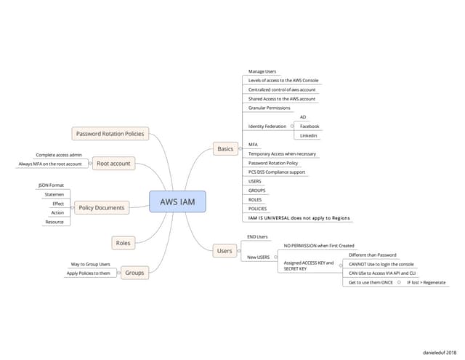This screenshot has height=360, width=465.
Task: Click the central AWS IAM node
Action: click(x=177, y=201)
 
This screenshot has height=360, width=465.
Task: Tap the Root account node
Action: click(x=113, y=164)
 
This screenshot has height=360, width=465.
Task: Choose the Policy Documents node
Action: click(x=101, y=207)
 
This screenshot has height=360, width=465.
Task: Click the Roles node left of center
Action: click(x=123, y=242)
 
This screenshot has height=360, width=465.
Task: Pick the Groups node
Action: click(x=134, y=273)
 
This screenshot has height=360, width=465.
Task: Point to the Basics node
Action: click(x=225, y=149)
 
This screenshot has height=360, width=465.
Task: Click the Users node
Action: click(x=225, y=251)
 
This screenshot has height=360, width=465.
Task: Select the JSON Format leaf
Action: click(x=51, y=185)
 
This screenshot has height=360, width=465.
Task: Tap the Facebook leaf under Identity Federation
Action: click(x=310, y=126)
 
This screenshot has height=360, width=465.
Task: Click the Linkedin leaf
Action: click(x=309, y=135)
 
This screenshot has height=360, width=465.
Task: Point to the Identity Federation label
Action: click(x=267, y=126)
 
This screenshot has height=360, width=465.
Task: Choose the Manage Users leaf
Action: click(x=262, y=71)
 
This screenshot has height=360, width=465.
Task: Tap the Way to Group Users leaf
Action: click(x=90, y=264)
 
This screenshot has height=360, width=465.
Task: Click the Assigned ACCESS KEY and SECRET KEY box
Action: click(x=309, y=265)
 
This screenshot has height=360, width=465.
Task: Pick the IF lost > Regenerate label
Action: click(x=426, y=282)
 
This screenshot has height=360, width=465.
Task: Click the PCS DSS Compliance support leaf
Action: click(x=276, y=172)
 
